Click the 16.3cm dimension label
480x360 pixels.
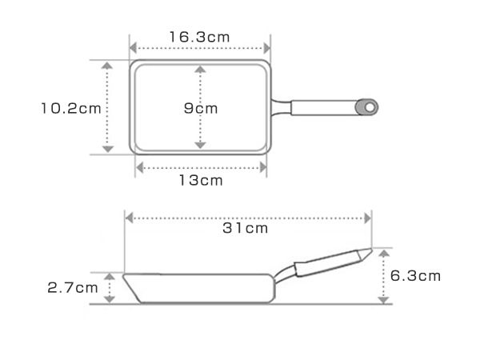199,37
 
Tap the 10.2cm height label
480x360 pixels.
71,108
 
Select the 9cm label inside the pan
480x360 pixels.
201,108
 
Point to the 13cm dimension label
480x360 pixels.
201,180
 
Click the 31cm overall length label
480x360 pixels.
246,228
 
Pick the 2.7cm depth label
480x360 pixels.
73,288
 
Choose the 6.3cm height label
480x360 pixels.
415,276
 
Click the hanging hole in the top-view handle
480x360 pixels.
370,107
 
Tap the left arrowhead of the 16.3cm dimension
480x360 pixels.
134,48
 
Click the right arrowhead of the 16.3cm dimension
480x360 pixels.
267,48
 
